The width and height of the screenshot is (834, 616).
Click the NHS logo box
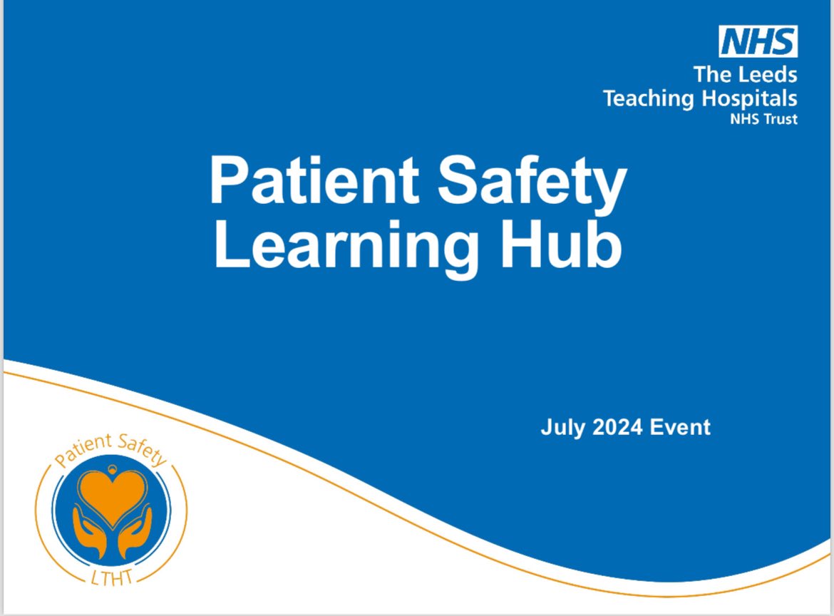pos(758,41)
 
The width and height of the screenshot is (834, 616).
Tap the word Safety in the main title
pos(532,183)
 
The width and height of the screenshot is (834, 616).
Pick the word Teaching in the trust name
pos(647,98)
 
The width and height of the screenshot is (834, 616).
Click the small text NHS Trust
pos(763,119)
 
